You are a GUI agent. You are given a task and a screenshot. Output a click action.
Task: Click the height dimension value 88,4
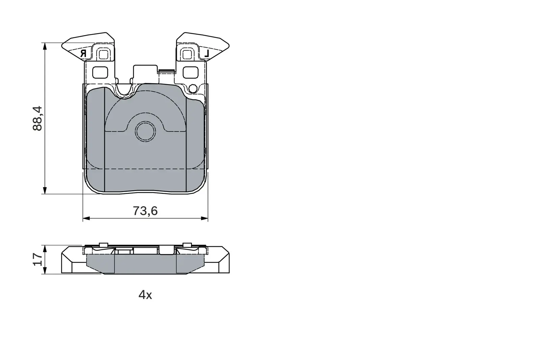(x=38, y=118)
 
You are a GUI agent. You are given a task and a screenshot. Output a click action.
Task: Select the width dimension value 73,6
(x=145, y=211)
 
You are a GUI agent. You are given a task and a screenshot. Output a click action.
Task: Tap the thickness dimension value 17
(x=38, y=259)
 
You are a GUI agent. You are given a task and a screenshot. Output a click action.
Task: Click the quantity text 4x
(x=145, y=295)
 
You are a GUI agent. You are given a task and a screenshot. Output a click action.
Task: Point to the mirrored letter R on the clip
(x=84, y=53)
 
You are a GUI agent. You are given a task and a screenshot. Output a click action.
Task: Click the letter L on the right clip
(x=207, y=53)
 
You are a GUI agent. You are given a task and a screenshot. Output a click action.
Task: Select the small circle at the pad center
(x=145, y=131)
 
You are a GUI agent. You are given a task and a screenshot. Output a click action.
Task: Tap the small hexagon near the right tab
(x=193, y=89)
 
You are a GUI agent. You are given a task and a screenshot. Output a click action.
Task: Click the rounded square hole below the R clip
(x=100, y=72)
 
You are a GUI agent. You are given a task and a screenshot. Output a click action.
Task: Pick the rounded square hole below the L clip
(x=190, y=72)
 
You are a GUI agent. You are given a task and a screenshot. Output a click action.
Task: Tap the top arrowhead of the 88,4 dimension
(x=44, y=46)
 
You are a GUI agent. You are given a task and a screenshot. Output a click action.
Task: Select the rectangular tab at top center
(x=145, y=73)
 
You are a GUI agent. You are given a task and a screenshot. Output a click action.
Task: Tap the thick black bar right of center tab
(x=166, y=71)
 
